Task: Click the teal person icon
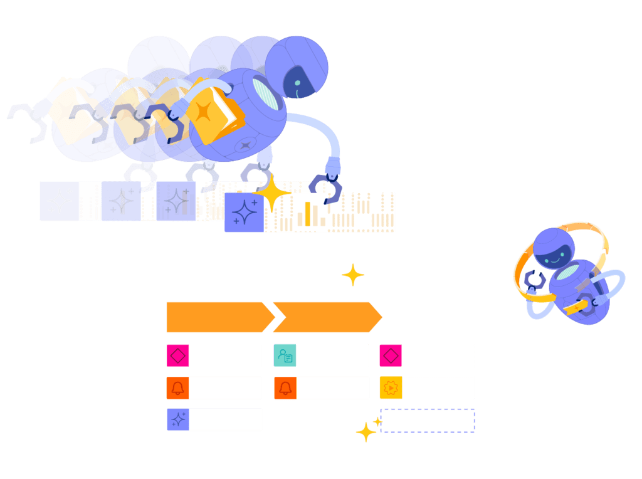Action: [x=285, y=355]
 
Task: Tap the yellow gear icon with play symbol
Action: [x=390, y=387]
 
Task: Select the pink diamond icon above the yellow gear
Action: [x=390, y=355]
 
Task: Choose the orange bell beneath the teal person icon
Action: [x=285, y=387]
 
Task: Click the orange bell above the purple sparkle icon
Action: [x=177, y=387]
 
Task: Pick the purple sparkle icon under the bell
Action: [x=177, y=419]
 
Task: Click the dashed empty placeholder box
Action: [x=428, y=420]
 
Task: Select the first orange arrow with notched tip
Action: [x=216, y=317]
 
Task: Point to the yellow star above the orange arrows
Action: [x=353, y=275]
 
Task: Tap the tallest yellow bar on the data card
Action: [x=307, y=213]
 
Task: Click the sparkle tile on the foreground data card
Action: [x=244, y=213]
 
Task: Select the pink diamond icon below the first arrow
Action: [x=177, y=355]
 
